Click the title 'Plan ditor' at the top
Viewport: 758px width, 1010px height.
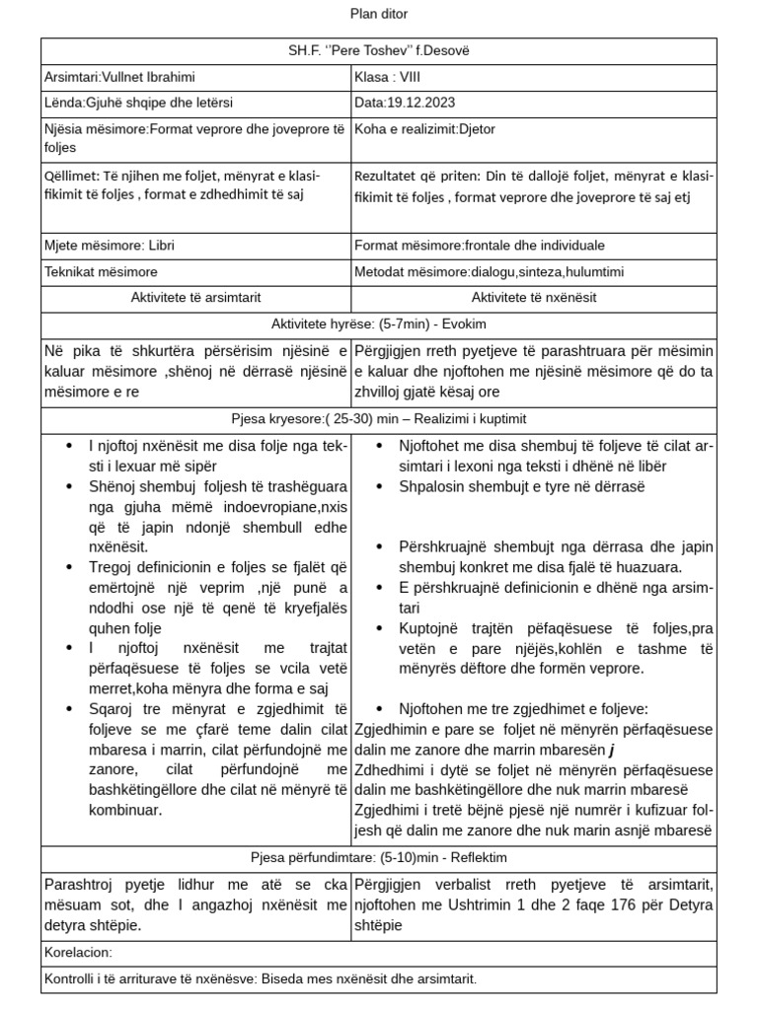pos(379,14)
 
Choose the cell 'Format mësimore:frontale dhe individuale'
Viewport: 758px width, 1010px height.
pos(479,246)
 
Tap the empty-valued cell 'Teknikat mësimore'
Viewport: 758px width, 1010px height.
pos(101,271)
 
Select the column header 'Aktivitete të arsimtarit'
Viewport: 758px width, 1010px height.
pos(195,297)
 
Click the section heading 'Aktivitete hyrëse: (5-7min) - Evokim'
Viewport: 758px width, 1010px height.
pos(379,324)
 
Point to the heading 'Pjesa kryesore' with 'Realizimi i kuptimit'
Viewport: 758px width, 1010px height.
pos(379,417)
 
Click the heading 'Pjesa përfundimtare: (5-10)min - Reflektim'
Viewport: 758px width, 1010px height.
pos(379,856)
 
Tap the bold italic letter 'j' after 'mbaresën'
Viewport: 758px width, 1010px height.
pos(612,750)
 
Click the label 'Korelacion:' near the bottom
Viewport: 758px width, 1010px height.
pos(79,953)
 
